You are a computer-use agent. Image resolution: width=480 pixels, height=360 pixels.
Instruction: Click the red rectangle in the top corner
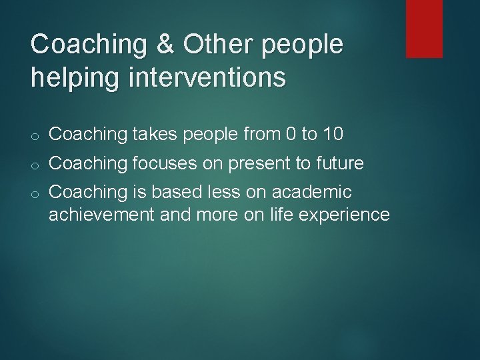[424, 28]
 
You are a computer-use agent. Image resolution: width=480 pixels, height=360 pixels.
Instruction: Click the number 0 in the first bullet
[290, 134]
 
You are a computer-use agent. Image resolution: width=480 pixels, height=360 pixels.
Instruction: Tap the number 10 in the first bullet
[332, 134]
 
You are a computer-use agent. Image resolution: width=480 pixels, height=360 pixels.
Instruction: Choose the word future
[339, 163]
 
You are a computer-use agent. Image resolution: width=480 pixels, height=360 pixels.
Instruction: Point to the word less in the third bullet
[208, 192]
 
